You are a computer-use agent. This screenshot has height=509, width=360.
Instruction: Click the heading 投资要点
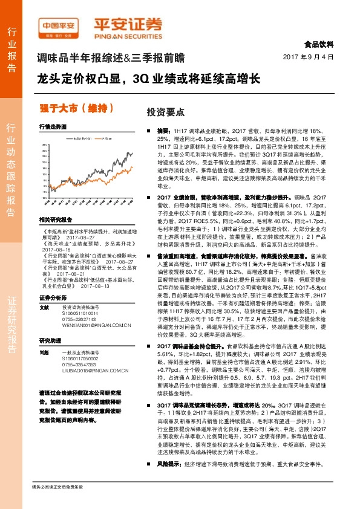(x=149, y=112)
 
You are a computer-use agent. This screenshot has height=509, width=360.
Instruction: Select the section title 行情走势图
(x=52, y=128)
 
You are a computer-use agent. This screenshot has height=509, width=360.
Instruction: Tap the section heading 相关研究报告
(x=55, y=219)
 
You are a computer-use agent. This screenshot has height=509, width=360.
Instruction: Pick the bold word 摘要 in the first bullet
(x=163, y=131)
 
